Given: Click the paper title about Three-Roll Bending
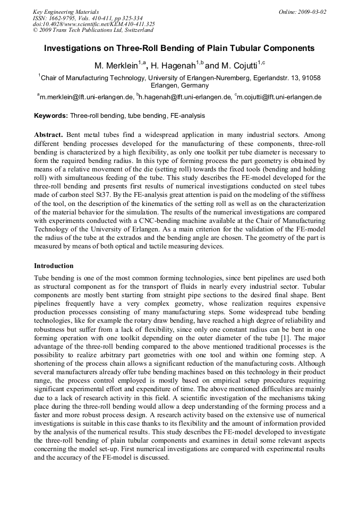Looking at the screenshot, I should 179,48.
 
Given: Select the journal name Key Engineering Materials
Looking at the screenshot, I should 66,11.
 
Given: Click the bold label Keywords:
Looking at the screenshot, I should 51,115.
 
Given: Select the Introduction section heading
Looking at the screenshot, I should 54,265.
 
